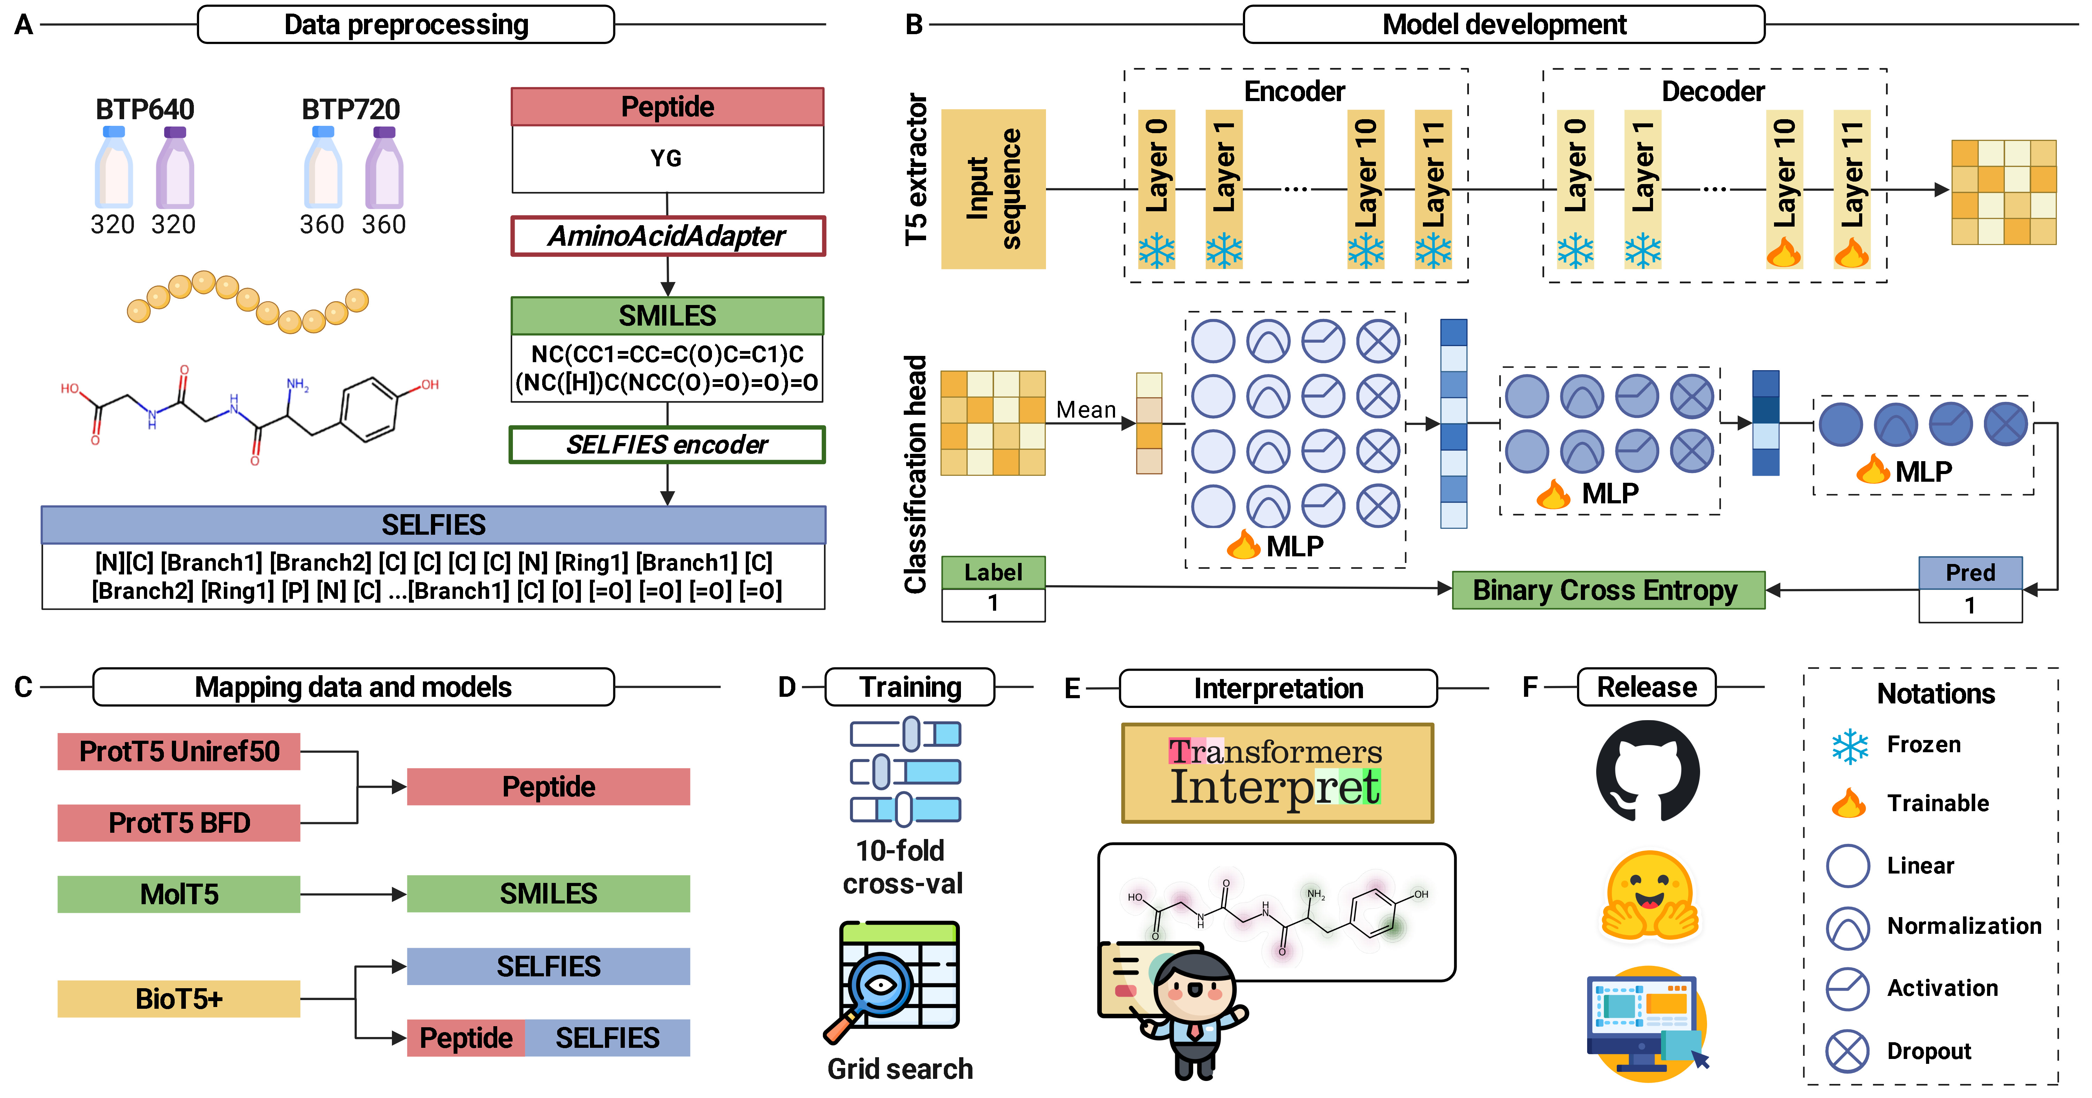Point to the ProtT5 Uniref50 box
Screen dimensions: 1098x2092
[179, 751]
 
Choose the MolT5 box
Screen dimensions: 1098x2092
[179, 894]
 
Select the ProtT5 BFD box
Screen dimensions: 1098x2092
[179, 823]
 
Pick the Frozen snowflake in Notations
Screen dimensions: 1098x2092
[1849, 746]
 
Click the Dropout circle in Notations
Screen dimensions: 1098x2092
[1848, 1051]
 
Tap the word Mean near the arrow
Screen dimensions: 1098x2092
[1086, 410]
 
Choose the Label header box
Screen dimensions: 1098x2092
[992, 573]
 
